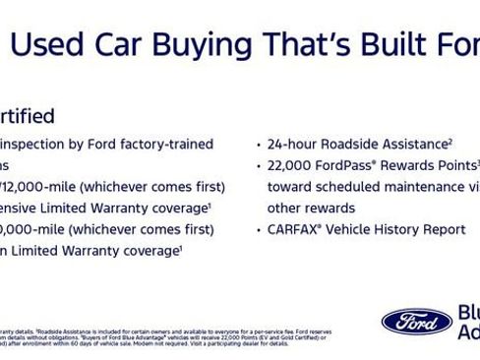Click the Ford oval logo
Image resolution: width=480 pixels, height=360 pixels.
416,321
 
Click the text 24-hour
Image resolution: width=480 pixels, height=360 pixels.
294,144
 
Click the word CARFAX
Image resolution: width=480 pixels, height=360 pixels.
296,229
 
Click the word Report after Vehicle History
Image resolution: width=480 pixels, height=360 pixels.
444,229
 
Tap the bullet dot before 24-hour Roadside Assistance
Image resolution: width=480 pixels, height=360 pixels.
258,145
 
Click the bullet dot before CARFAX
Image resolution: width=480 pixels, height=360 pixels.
258,230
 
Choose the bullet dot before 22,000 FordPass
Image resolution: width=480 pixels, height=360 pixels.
258,166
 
